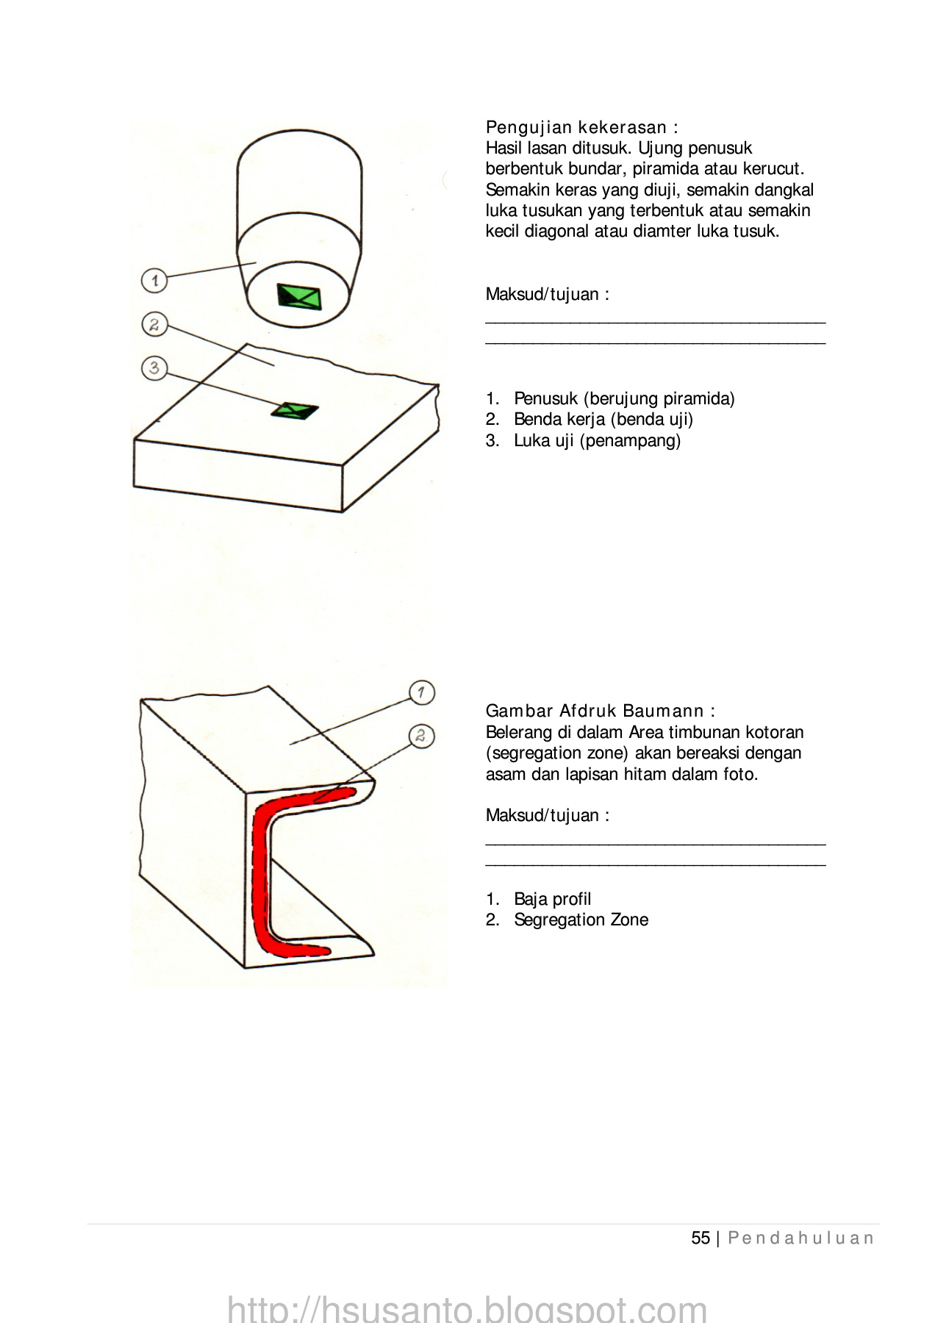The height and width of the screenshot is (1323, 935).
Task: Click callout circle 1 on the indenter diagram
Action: click(154, 280)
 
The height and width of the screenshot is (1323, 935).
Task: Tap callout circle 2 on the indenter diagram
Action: click(154, 324)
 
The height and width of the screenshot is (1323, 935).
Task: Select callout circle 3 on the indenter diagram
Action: click(154, 367)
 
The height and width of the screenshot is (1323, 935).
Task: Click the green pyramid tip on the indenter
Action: click(299, 296)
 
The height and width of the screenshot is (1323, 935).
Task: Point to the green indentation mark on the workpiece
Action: click(295, 411)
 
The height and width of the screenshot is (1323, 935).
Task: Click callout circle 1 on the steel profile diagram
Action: click(421, 692)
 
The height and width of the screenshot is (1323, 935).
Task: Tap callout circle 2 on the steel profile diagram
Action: click(421, 736)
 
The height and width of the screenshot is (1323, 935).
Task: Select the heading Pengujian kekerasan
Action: click(581, 127)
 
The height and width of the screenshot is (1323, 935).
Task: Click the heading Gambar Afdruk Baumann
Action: click(600, 711)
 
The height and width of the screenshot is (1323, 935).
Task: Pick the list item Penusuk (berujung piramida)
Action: click(624, 398)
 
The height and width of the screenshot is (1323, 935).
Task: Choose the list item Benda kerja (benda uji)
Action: click(603, 419)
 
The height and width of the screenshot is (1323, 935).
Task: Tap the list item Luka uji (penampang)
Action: click(597, 440)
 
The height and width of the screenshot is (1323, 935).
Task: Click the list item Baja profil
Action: click(552, 899)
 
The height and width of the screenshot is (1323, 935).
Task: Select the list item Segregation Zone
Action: click(581, 919)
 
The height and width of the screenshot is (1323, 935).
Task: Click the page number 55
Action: click(701, 1238)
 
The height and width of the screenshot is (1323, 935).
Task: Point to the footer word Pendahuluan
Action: click(800, 1238)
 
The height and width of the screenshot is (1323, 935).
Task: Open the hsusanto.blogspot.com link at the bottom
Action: click(467, 1308)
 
